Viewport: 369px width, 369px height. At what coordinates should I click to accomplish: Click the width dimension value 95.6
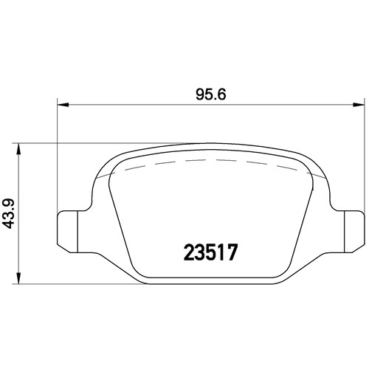211,94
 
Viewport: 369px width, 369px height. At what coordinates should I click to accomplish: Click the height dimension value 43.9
10,214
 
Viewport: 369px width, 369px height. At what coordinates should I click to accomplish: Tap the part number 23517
211,252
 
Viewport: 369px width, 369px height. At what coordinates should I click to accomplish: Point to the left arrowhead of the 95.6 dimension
63,105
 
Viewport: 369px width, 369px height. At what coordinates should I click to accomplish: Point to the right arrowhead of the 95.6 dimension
359,105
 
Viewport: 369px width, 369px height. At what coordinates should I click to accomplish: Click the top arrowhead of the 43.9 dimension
18,148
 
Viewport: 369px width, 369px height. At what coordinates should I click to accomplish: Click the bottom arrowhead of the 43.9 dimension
18,278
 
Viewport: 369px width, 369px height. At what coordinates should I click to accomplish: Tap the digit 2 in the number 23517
189,252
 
